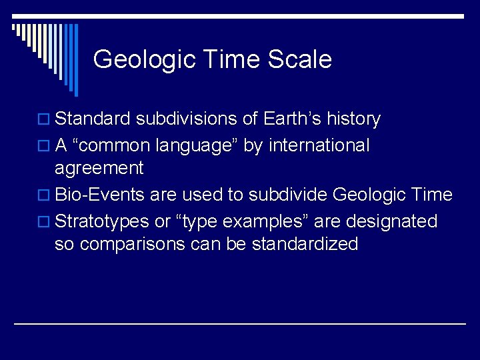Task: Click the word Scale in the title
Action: point(299,59)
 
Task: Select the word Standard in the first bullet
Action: point(93,119)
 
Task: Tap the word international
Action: point(319,145)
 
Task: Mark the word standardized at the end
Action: point(305,244)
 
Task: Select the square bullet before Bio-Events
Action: point(46,195)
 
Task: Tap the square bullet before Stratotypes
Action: point(46,221)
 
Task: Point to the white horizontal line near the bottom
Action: point(240,323)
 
